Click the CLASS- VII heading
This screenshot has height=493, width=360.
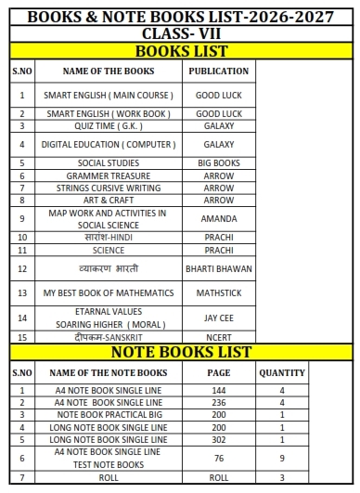click(x=180, y=33)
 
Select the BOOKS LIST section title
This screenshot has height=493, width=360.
click(x=180, y=50)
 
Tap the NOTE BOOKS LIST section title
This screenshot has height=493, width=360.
click(x=180, y=352)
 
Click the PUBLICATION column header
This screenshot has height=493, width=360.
click(x=218, y=71)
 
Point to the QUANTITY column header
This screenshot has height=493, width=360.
click(x=282, y=372)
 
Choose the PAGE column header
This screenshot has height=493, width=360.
click(x=219, y=372)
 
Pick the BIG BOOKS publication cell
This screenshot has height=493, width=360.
click(x=218, y=162)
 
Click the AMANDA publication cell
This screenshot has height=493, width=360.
click(x=218, y=218)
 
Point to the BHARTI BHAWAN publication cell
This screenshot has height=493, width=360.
click(x=218, y=268)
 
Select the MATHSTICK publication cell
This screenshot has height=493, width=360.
click(x=218, y=292)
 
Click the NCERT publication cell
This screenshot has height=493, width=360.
click(x=218, y=336)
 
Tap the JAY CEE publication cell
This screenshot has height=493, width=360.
click(x=218, y=317)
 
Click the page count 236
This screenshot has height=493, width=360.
click(x=219, y=402)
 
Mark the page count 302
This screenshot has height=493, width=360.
click(x=219, y=438)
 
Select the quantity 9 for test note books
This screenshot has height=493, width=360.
click(x=282, y=457)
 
